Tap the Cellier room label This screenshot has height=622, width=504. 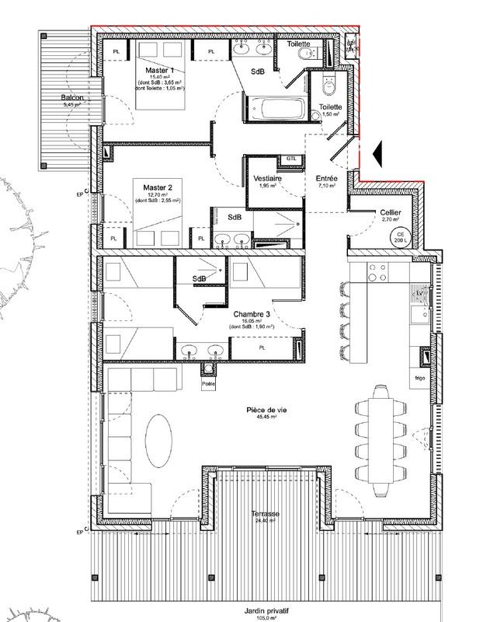pos(391,212)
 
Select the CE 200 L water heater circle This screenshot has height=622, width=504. pos(402,238)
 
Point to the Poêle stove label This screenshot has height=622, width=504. pos(207,383)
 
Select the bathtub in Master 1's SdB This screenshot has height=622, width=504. pos(276,108)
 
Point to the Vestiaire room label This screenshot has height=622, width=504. pos(267,179)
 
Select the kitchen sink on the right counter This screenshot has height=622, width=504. pos(423,313)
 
